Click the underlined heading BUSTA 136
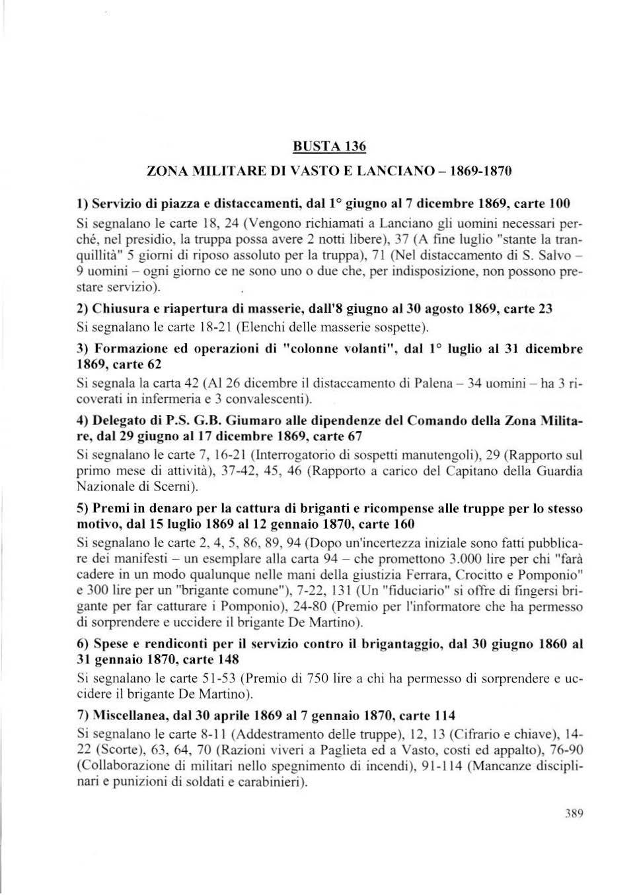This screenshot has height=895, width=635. [x=330, y=146]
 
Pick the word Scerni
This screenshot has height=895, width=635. [x=172, y=487]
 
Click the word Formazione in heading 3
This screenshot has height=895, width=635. [x=128, y=348]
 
